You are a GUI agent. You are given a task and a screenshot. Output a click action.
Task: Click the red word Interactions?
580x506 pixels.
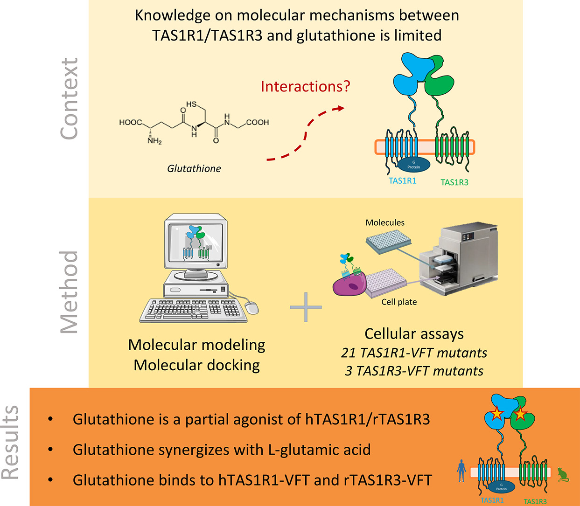tap(305, 87)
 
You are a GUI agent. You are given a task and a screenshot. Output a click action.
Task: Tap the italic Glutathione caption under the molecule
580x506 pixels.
tap(194, 168)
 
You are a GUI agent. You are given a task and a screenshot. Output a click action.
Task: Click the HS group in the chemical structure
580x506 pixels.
tap(192, 104)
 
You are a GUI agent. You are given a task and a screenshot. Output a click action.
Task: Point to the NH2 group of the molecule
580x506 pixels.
tap(154, 141)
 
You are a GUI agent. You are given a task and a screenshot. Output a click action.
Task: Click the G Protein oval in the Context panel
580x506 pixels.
tap(413, 165)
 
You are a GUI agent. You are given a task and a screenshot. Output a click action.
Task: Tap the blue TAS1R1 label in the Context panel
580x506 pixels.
tap(402, 181)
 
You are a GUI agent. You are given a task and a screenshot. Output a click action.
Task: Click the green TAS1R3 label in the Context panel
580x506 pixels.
tap(454, 182)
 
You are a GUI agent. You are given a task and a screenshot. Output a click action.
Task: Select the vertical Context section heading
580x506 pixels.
tap(70, 99)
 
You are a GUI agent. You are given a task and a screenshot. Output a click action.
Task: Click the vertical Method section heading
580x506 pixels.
tap(70, 292)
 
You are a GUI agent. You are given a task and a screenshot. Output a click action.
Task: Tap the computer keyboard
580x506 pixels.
tap(194, 310)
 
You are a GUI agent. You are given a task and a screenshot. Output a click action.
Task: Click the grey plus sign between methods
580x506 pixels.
tap(306, 307)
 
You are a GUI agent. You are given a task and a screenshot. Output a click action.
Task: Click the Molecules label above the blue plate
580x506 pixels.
tap(385, 222)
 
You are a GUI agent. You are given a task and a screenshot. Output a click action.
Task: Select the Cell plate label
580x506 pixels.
tap(399, 302)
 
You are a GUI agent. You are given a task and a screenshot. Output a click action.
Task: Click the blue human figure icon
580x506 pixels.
tap(461, 471)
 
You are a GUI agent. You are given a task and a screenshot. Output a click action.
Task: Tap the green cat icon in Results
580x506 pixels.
tap(563, 475)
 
